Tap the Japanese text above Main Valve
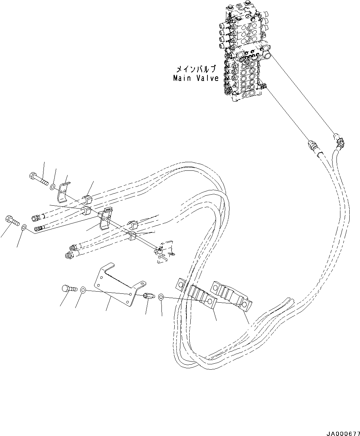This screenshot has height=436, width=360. point(197,68)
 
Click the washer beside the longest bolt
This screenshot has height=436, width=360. point(52,186)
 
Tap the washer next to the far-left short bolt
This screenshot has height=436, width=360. point(24,227)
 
